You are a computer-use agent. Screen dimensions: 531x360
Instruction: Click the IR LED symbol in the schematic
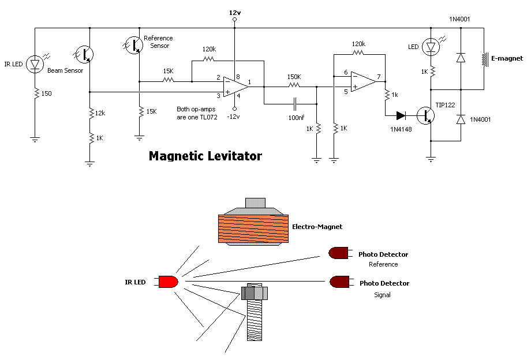35,64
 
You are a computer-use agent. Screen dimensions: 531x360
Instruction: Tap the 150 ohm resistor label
46,93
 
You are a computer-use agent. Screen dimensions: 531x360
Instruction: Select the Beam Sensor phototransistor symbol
84,54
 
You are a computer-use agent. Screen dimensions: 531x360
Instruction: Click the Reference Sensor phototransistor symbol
134,45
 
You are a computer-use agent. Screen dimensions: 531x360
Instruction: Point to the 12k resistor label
100,113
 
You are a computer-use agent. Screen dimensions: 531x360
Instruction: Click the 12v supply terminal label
235,13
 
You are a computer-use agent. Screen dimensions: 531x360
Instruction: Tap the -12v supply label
233,117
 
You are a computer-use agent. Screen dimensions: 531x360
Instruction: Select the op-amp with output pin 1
235,87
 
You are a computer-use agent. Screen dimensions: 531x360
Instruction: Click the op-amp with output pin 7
363,81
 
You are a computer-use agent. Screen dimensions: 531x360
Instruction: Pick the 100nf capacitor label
296,118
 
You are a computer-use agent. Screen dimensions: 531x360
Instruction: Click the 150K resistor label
294,77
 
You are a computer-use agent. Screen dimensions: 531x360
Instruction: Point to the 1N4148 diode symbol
401,116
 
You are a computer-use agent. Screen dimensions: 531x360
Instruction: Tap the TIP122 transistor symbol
426,115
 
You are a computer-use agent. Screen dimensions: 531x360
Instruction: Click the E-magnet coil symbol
485,59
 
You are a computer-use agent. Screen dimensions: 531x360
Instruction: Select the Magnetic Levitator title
205,156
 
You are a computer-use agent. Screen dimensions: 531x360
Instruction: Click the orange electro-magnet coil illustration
253,228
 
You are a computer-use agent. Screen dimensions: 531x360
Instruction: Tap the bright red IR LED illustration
169,282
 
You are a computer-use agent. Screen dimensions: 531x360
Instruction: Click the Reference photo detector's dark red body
338,253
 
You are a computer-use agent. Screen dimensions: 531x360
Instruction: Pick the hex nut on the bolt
255,293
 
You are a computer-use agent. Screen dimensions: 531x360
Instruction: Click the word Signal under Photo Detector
382,295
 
